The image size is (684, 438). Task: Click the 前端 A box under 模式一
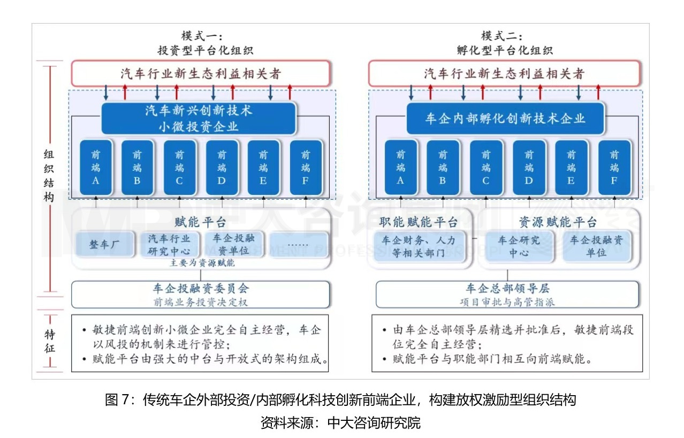pyautogui.click(x=96, y=167)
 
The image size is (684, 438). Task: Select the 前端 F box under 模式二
pyautogui.click(x=613, y=167)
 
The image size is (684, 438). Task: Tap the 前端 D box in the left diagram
pyautogui.click(x=222, y=167)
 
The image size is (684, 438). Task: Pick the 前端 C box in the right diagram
pyautogui.click(x=485, y=167)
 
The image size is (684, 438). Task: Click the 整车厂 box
pyautogui.click(x=103, y=245)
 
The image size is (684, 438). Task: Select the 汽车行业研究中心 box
pyautogui.click(x=169, y=245)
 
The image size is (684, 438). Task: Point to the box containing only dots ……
pyautogui.click(x=298, y=245)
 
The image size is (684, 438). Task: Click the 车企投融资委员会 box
pyautogui.click(x=201, y=294)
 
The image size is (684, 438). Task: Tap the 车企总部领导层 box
pyautogui.click(x=507, y=294)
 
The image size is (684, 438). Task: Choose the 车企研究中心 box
pyautogui.click(x=518, y=246)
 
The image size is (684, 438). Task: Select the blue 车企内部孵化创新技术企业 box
pyautogui.click(x=505, y=118)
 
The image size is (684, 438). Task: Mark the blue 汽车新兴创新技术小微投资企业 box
pyautogui.click(x=199, y=118)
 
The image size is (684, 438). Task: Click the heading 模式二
pyautogui.click(x=501, y=36)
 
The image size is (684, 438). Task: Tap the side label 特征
pyautogui.click(x=49, y=341)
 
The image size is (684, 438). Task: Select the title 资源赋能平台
pyautogui.click(x=558, y=222)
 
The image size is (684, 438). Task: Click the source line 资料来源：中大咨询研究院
pyautogui.click(x=340, y=423)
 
